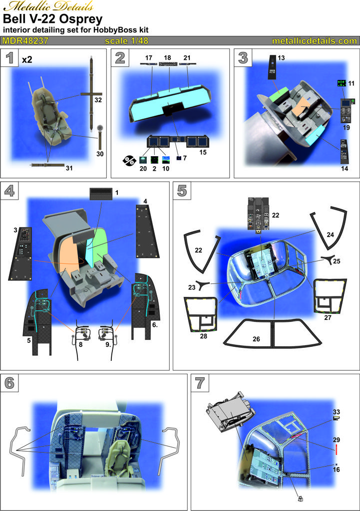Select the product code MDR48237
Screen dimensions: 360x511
coord(25,41)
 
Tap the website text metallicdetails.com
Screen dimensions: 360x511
coord(315,41)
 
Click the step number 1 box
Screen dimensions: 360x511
coord(10,58)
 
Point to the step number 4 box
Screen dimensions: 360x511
coord(10,191)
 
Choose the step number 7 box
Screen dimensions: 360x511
coord(200,383)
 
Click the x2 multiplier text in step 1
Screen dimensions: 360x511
coord(27,60)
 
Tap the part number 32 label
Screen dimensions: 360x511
coord(98,100)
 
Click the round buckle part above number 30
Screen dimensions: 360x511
coord(99,128)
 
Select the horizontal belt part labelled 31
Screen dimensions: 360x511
coord(47,165)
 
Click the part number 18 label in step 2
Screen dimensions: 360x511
coord(167,58)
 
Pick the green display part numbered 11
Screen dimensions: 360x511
coord(342,83)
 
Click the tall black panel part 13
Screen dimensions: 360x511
coord(272,67)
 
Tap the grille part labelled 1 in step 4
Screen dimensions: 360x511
coord(101,194)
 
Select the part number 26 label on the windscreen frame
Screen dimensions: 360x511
coord(256,339)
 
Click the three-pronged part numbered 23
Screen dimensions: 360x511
coord(203,285)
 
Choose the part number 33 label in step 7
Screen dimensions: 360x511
coord(336,412)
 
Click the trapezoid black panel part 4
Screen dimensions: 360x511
coord(147,232)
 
